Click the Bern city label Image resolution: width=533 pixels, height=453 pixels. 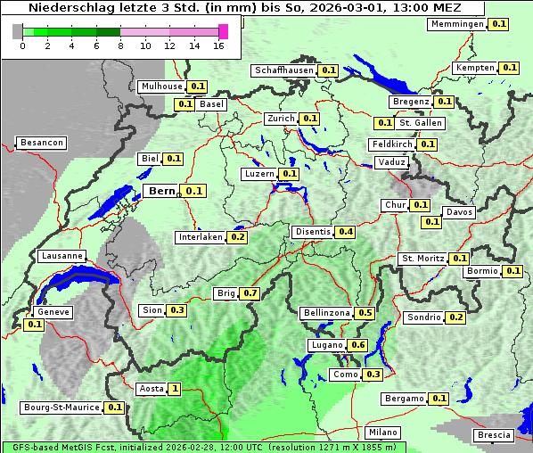pos(161,191)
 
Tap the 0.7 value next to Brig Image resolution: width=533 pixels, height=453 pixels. pos(250,293)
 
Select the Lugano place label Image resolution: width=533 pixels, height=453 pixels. pos(325,345)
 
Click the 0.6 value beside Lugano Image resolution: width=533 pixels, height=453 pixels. pos(358,345)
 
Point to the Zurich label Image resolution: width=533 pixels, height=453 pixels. pos(281,119)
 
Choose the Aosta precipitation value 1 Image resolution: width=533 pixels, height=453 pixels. pos(175,389)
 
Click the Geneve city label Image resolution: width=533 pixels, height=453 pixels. pos(53,313)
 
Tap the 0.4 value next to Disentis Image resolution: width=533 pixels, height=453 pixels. pos(345,232)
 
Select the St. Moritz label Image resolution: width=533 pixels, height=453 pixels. pos(422,259)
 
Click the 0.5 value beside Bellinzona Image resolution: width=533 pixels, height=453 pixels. pos(365,314)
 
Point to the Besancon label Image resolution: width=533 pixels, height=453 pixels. pos(42,143)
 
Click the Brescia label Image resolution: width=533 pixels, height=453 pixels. pos(495,435)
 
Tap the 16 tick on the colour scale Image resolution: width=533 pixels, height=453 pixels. pos(218,45)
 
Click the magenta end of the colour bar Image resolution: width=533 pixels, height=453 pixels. pos(223,31)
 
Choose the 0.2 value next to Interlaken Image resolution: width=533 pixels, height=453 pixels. pos(238,237)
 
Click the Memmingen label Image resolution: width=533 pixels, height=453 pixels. pos(457,24)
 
